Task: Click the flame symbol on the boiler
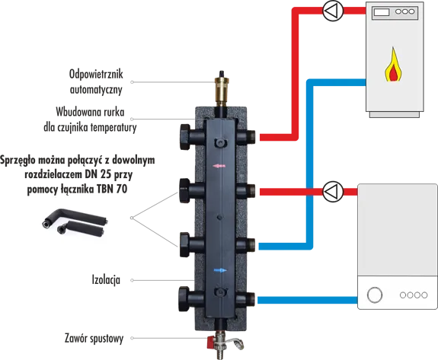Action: click(x=393, y=65)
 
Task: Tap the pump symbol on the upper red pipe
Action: click(x=333, y=11)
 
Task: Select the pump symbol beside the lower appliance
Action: click(x=333, y=192)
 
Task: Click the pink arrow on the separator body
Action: click(x=219, y=166)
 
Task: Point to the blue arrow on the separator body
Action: click(x=220, y=270)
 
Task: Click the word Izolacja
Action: click(x=106, y=279)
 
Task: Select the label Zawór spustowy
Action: click(x=94, y=338)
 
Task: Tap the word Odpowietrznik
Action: click(x=96, y=75)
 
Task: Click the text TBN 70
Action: click(x=112, y=190)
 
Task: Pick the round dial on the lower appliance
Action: click(x=375, y=295)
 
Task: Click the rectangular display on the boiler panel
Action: click(x=382, y=12)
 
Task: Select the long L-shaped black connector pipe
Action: click(x=75, y=217)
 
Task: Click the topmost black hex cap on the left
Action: click(x=184, y=137)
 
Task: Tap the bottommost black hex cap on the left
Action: click(x=184, y=299)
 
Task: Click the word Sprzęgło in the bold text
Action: click(x=18, y=161)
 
